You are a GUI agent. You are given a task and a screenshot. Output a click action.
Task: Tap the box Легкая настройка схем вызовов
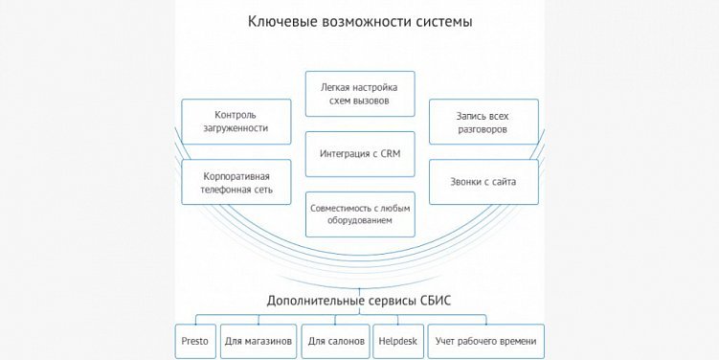click(360, 94)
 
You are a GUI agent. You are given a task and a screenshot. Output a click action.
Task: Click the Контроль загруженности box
click(236, 122)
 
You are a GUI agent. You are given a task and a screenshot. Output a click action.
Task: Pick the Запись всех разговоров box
click(483, 122)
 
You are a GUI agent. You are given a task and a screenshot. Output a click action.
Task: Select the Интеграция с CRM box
click(360, 154)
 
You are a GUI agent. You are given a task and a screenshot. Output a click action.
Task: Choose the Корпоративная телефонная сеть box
click(236, 182)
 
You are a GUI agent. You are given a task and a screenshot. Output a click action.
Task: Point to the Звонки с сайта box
click(483, 182)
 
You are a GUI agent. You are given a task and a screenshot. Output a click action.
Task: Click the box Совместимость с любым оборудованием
click(360, 214)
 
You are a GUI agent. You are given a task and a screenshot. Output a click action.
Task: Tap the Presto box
click(195, 341)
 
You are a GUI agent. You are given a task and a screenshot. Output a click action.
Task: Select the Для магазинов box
click(258, 341)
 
